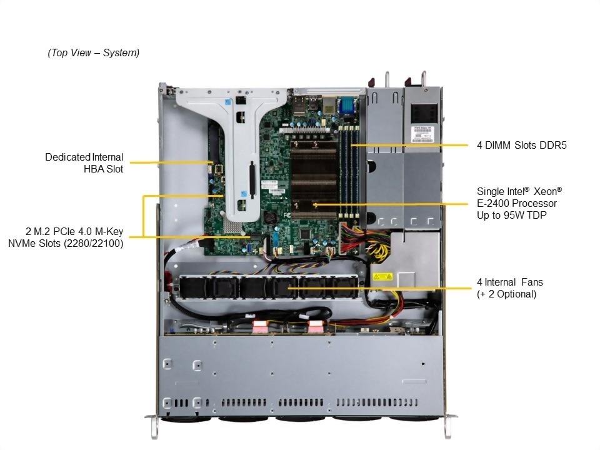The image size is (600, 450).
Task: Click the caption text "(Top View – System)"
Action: (x=94, y=53)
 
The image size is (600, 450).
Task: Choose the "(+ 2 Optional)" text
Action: (x=506, y=294)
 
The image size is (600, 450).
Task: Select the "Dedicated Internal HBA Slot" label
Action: (x=84, y=162)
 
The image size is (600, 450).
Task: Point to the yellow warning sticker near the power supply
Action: (x=382, y=276)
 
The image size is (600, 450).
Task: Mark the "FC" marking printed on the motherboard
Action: (x=287, y=215)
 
